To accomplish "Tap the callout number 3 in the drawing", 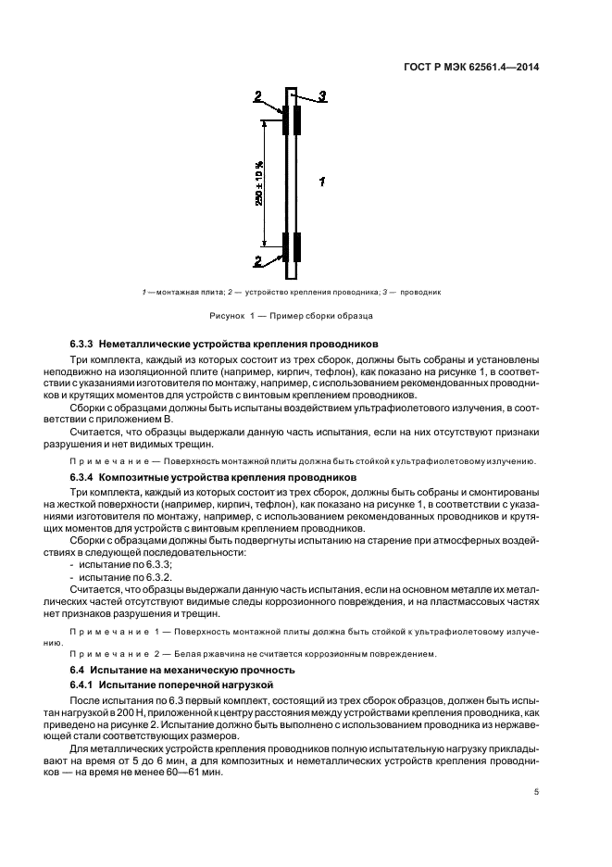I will [322, 95].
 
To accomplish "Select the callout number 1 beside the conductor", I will [320, 182].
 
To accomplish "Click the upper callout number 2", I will [259, 95].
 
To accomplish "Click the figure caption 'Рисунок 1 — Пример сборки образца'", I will [297, 316].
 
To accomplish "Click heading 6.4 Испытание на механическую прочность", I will [182, 669].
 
